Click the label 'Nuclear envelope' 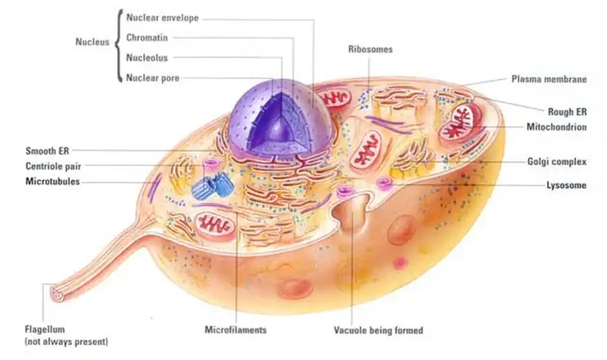point(163,18)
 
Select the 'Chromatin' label point(147,38)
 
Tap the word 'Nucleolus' point(147,57)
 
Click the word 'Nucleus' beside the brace point(92,42)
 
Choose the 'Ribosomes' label point(370,49)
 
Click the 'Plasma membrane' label point(549,79)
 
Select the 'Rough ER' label point(567,111)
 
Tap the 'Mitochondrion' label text point(556,127)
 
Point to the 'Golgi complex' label point(556,162)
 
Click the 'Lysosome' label point(566,185)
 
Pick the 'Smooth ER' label point(47,150)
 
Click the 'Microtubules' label point(52,181)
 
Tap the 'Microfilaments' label point(235,330)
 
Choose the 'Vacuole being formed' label point(378,330)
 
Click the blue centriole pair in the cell point(209,187)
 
